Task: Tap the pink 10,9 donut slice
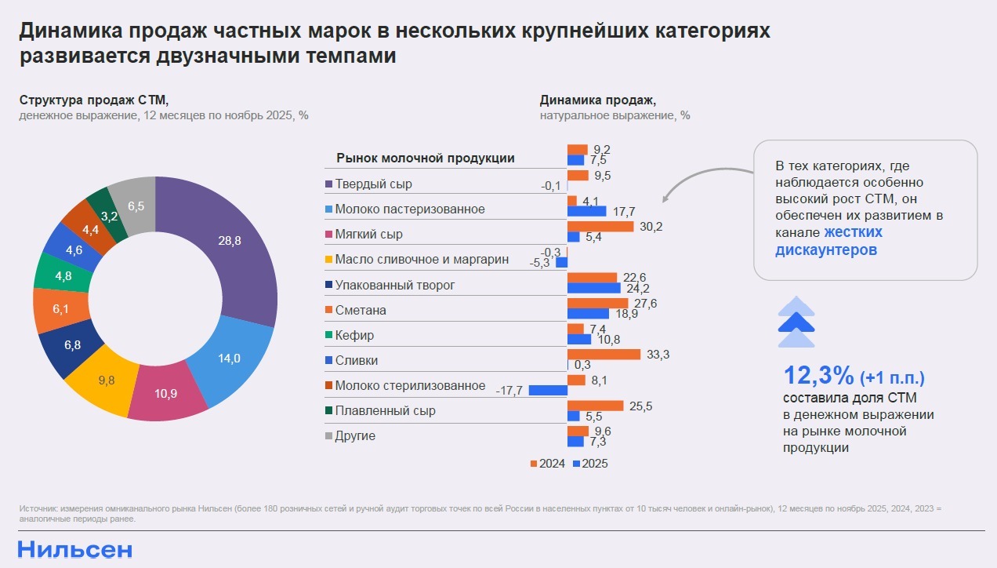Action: [167, 392]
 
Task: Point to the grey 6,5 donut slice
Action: [133, 206]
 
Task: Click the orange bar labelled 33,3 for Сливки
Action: [604, 355]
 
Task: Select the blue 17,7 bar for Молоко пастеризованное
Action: [587, 211]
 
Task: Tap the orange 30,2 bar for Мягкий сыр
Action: [600, 227]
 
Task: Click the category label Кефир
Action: [354, 335]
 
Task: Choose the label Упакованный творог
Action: [394, 285]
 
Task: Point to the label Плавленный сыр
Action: [385, 410]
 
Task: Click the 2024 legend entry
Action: [548, 464]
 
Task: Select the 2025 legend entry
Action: [591, 464]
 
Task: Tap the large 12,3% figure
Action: [818, 376]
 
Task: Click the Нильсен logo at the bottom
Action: [75, 549]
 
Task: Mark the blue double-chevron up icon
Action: [796, 322]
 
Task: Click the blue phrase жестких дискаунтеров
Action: [828, 241]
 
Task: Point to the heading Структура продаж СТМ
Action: [94, 100]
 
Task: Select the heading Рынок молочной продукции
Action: [426, 158]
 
